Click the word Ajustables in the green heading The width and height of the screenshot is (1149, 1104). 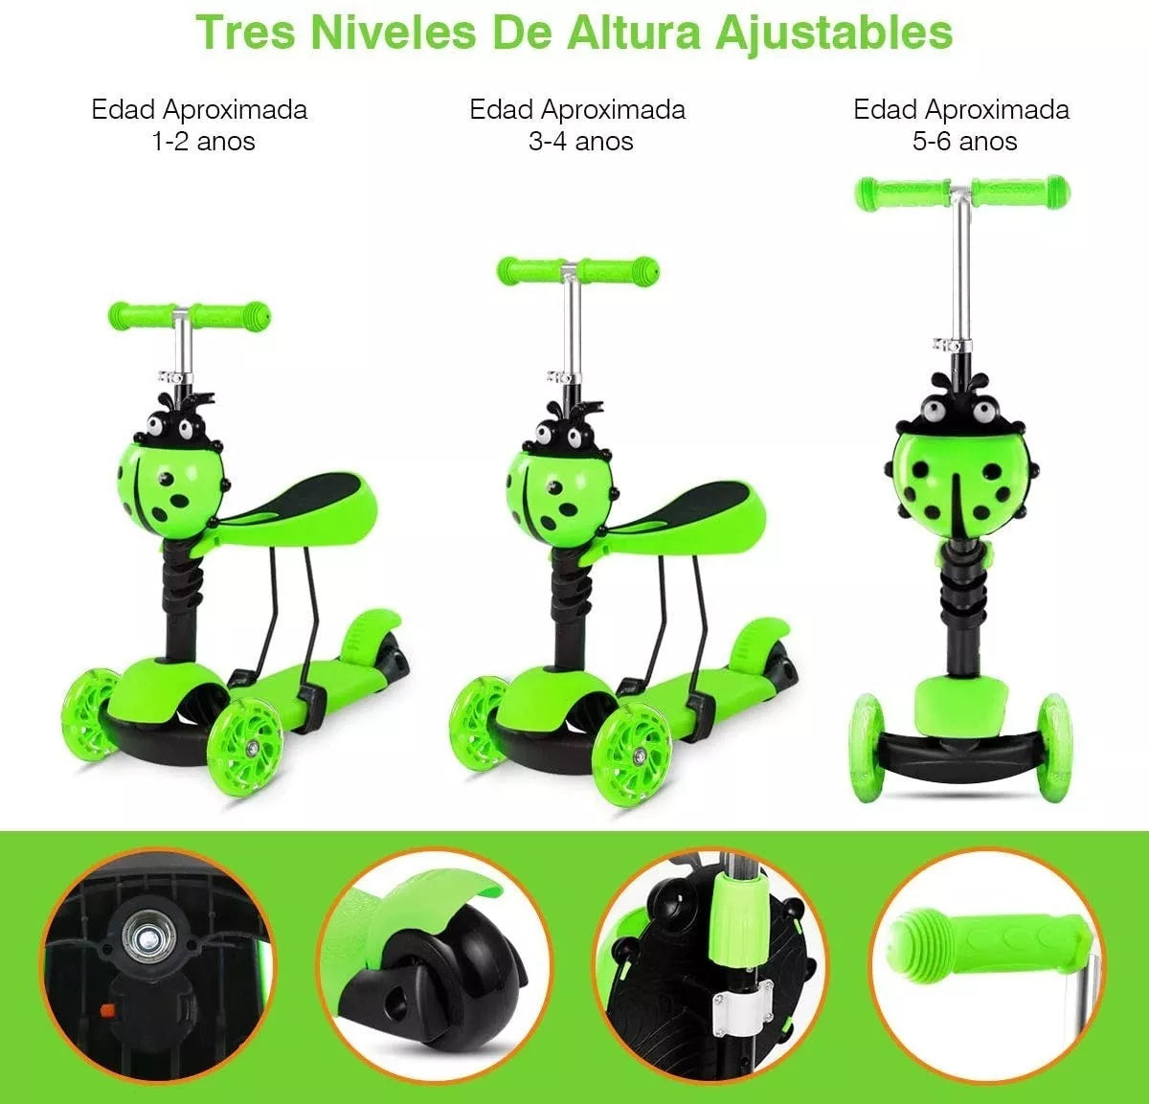pyautogui.click(x=833, y=31)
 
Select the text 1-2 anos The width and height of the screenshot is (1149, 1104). pyautogui.click(x=202, y=142)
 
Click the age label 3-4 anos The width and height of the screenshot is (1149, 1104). pyautogui.click(x=580, y=142)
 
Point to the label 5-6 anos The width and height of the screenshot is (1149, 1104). pyautogui.click(x=964, y=142)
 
